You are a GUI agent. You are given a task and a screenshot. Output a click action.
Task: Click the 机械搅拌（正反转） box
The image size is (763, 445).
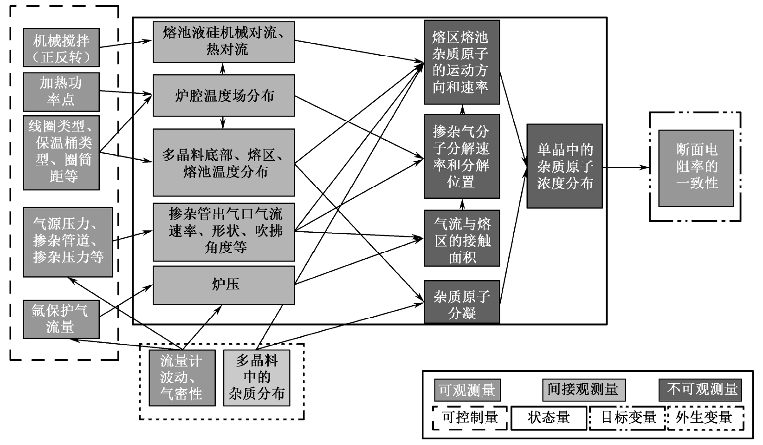pos(61,48)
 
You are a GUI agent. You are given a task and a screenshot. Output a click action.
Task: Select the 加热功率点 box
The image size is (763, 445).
pos(61,92)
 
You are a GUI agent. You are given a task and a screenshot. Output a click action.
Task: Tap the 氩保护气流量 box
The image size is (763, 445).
pos(61,319)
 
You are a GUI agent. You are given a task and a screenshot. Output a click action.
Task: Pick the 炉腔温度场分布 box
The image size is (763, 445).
pos(224,96)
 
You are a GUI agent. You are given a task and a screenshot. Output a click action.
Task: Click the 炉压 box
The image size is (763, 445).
pos(224,285)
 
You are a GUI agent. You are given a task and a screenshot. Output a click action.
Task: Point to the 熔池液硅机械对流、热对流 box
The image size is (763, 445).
pos(224,42)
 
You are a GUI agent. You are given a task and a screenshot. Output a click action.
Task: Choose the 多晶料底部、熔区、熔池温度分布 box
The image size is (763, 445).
pos(224,163)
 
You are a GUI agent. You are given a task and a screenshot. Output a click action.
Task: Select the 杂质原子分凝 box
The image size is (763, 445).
pos(462,302)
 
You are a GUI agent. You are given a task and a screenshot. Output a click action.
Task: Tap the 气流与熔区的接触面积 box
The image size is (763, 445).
pos(462,238)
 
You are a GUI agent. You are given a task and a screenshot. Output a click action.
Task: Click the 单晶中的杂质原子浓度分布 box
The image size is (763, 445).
pos(564,166)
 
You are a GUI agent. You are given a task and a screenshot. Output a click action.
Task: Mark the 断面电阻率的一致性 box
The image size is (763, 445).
pos(696,168)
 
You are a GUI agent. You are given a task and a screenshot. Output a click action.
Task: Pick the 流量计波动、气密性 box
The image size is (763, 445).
pos(182,378)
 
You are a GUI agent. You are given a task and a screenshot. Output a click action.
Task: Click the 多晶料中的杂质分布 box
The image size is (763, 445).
pos(257,378)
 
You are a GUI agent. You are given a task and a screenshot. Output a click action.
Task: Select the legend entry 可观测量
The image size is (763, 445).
pos(467,390)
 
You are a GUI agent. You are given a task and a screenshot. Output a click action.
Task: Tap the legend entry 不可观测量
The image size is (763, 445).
pos(700,390)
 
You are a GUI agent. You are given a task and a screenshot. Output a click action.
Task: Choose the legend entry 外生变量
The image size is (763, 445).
pos(704,418)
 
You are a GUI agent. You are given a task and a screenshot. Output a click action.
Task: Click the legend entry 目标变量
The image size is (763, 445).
pos(628,418)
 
